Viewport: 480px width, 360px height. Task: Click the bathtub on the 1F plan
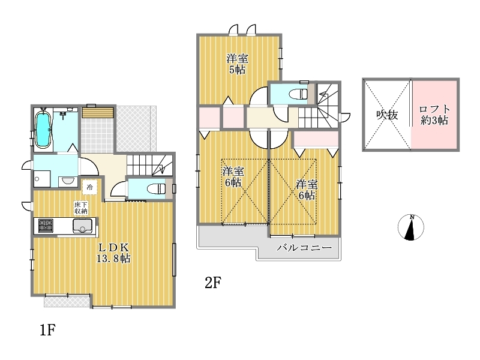pos(43,130)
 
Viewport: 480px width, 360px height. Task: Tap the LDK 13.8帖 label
pos(113,253)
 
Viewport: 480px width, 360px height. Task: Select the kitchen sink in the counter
pos(83,226)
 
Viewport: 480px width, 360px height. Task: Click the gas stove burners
pos(46,226)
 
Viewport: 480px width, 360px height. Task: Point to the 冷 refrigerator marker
pos(89,187)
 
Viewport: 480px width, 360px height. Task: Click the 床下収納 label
pos(81,208)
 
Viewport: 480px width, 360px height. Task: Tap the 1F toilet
pos(155,188)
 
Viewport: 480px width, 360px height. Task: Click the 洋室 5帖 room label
pos(237,64)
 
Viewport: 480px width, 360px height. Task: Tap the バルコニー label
pos(304,247)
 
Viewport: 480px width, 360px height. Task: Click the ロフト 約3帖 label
pos(434,115)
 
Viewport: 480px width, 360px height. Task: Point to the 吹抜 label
pos(387,115)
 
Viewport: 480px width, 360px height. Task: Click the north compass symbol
pos(411,227)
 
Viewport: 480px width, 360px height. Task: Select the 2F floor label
pos(213,283)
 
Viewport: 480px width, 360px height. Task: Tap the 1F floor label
pos(47,330)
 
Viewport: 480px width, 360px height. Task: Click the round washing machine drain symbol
pos(37,179)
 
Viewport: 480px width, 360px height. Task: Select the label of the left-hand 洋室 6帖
pos(233,177)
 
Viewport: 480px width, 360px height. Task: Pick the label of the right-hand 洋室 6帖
pos(307,190)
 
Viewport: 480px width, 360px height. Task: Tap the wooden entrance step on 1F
pos(98,112)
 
